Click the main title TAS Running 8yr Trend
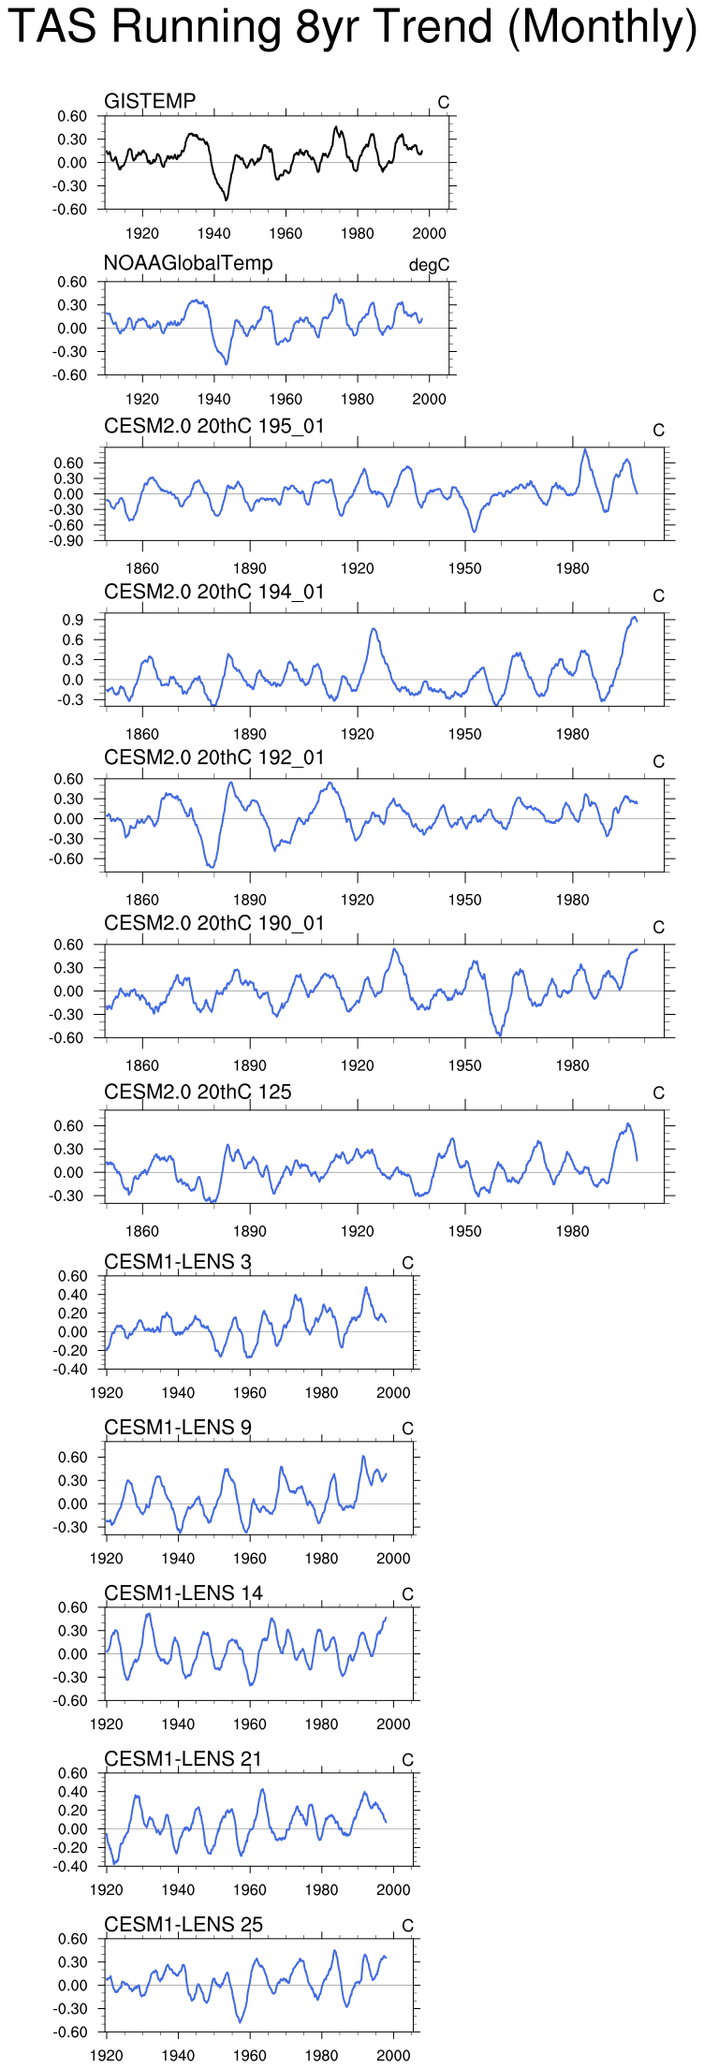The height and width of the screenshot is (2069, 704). click(352, 27)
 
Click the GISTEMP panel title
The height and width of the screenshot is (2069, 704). click(150, 101)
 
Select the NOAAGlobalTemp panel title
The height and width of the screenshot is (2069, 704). click(188, 263)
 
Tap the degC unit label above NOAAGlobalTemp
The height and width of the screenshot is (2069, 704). click(429, 266)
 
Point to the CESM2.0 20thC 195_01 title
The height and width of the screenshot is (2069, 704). click(214, 427)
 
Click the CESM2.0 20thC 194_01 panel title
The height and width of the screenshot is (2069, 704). click(214, 593)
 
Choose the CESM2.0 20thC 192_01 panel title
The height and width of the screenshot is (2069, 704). click(214, 758)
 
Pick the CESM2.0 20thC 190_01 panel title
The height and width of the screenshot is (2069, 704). click(214, 924)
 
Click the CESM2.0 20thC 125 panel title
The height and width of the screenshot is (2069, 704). click(198, 1093)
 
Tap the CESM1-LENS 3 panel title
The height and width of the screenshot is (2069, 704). click(178, 1262)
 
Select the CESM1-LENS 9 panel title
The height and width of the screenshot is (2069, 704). click(178, 1428)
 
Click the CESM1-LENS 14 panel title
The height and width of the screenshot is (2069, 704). click(183, 1593)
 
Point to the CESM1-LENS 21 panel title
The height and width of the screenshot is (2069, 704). click(183, 1759)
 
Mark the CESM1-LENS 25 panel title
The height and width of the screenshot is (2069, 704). click(183, 1925)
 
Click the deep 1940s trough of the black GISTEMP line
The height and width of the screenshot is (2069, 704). click(226, 198)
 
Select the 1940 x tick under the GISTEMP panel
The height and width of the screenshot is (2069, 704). click(214, 233)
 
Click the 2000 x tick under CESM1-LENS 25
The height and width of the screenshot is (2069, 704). click(393, 2055)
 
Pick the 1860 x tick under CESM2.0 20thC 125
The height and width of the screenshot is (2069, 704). click(142, 1231)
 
